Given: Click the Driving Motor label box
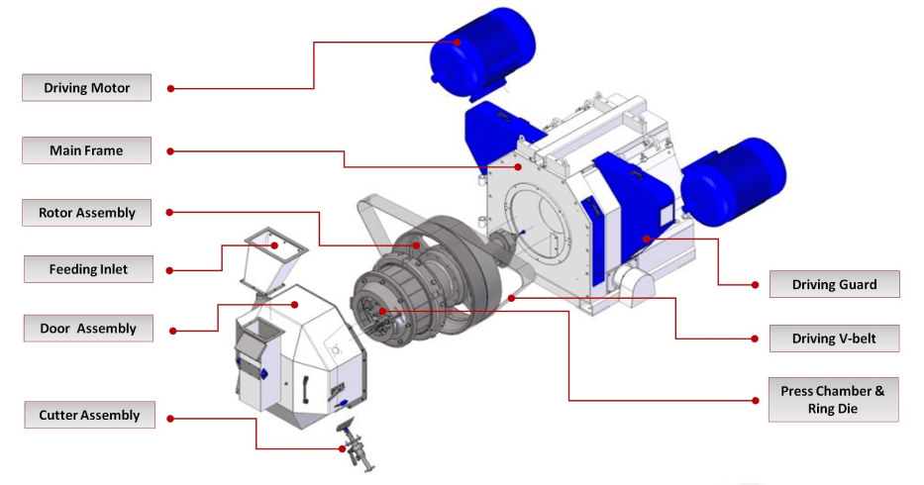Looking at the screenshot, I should point(87,87).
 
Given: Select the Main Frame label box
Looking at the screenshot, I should point(87,150).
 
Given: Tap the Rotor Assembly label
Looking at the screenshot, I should point(87,213).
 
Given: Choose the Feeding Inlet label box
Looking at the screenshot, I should point(88,268).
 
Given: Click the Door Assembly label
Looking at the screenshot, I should point(88,329).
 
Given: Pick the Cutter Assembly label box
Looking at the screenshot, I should point(89,415).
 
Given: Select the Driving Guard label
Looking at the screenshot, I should point(834,284).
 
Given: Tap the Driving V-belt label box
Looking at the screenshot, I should point(834,339).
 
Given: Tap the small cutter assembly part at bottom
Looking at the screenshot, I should point(354,444).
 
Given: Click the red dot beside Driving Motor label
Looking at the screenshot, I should point(170,88).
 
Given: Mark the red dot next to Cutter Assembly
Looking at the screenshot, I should point(170,419).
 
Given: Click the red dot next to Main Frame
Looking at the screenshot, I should point(170,151).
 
